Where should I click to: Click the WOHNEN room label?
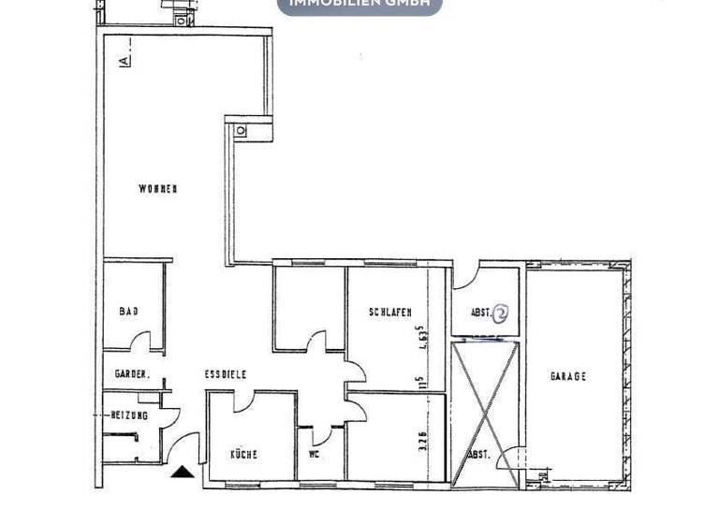157,189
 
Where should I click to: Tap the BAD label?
128,311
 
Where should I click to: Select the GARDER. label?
132,374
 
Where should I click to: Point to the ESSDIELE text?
226,374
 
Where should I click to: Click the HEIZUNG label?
130,415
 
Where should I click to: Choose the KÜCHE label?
243,455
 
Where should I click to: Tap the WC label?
315,455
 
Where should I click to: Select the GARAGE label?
567,376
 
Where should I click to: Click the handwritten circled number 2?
501,313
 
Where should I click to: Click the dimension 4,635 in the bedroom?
423,335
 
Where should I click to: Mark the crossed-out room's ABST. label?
478,455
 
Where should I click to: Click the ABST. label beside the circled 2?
479,313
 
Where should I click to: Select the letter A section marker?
125,61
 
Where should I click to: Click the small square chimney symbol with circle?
241,131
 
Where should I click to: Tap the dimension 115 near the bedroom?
422,383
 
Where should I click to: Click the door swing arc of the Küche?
241,400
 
